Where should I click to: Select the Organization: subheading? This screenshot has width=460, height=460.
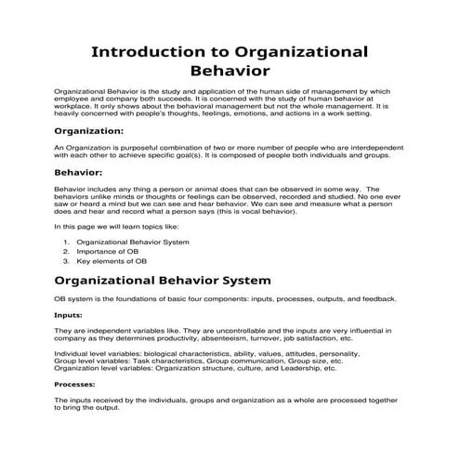pyautogui.click(x=89, y=132)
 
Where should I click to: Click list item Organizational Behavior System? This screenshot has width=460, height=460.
pyautogui.click(x=133, y=242)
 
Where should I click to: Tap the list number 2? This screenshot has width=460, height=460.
pyautogui.click(x=67, y=252)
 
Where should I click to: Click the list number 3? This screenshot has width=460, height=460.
pyautogui.click(x=67, y=262)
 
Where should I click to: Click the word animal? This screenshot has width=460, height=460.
pyautogui.click(x=175, y=188)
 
